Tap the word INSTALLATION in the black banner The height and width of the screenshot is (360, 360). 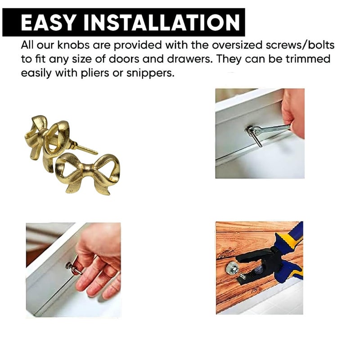pos(162,22)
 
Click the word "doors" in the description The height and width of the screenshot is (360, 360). pos(124,59)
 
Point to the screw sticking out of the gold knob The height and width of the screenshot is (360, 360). pos(87,149)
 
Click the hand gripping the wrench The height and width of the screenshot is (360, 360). pos(293,114)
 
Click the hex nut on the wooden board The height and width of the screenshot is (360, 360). pos(232,268)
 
